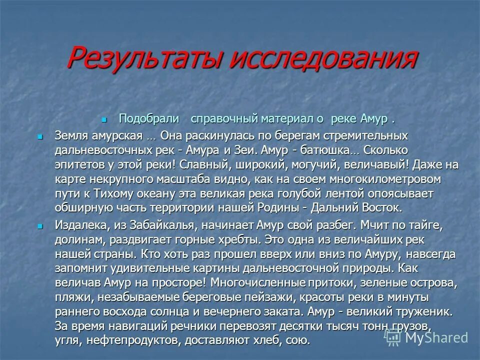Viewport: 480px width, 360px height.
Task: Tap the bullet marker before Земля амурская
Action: pos(41,136)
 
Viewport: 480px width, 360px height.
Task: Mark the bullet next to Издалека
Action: pos(41,226)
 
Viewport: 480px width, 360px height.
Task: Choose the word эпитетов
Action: pos(79,164)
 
